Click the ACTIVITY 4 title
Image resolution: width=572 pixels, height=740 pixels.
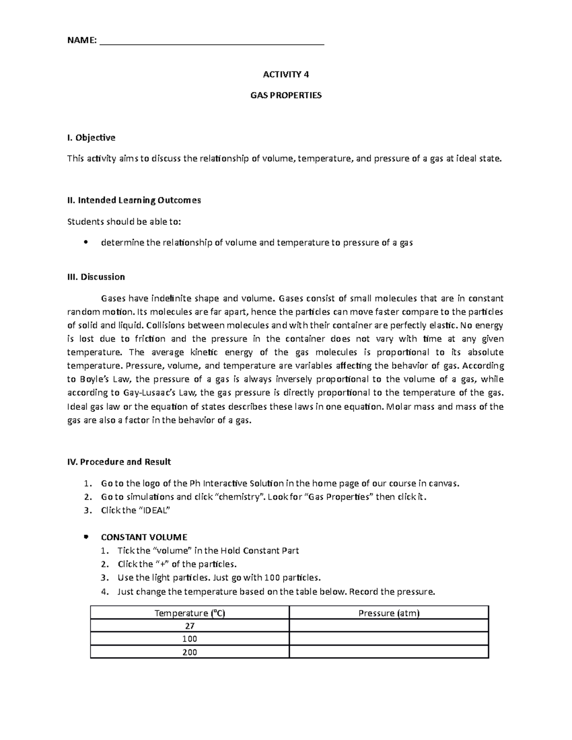(286, 74)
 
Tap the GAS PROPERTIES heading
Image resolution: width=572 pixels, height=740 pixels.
(286, 95)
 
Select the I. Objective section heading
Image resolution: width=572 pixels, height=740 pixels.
(91, 138)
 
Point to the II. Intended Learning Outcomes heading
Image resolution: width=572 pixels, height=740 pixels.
(134, 200)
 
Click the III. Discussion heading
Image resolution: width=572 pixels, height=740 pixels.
(96, 277)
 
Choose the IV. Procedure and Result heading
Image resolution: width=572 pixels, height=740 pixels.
(119, 462)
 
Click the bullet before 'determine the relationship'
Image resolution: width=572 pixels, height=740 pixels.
(86, 243)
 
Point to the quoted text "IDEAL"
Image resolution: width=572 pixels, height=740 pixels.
(154, 510)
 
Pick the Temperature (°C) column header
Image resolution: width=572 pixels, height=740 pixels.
(190, 613)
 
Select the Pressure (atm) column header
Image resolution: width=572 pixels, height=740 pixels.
(388, 613)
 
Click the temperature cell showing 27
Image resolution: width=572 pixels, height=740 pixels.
(190, 626)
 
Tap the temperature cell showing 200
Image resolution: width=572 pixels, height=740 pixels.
(190, 652)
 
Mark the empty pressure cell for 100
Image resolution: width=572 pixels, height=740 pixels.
(388, 639)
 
